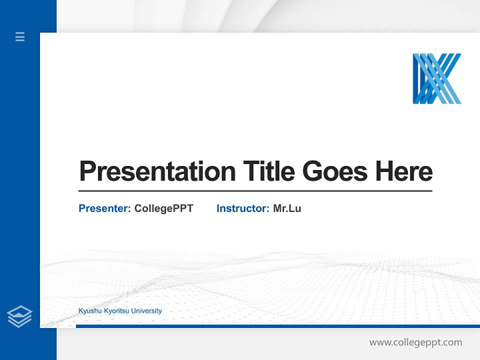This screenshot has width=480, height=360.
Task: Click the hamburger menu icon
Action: (x=20, y=36)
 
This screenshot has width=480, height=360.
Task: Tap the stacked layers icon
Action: (x=19, y=316)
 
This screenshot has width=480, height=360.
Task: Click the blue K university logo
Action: (x=436, y=78)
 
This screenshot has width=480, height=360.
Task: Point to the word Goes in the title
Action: (x=335, y=171)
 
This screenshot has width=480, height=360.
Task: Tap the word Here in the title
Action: (x=404, y=171)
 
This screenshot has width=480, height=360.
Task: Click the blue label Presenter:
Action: (x=104, y=208)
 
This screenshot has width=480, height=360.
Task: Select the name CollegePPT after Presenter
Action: (x=163, y=208)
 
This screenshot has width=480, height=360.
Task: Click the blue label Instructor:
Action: (x=242, y=208)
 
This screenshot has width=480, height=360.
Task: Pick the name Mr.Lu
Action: (x=287, y=208)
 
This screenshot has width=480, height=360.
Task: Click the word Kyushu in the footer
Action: (x=89, y=311)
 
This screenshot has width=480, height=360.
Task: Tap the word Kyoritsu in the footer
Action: (x=114, y=311)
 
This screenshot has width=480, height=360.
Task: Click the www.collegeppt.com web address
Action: (x=415, y=342)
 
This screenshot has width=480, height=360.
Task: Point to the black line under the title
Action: (x=255, y=190)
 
